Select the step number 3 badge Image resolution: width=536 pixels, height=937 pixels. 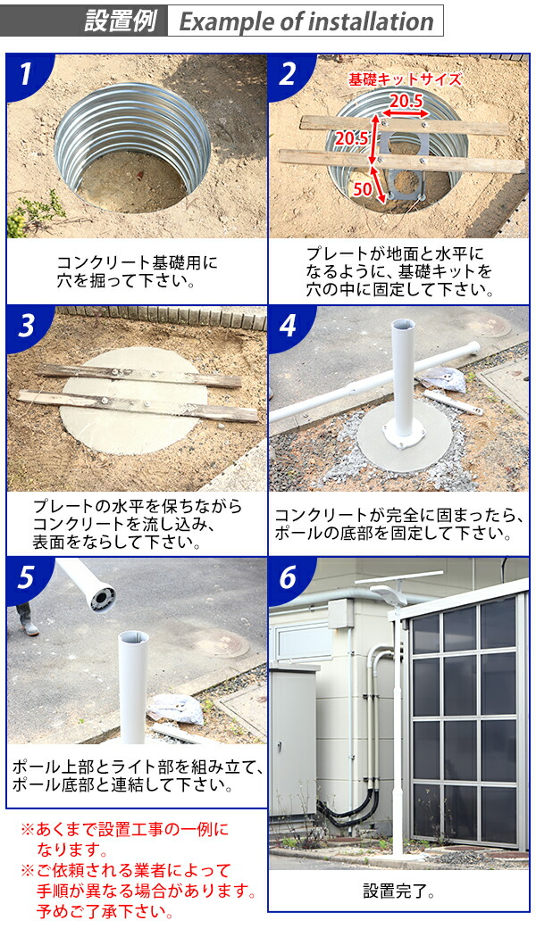[25, 327]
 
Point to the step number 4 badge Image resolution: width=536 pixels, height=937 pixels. [287, 327]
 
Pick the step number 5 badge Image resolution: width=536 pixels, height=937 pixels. [25, 579]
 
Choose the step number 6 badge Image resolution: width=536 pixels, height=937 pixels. [287, 579]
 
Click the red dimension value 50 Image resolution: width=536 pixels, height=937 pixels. [363, 189]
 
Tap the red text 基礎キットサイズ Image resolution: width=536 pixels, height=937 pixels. [405, 79]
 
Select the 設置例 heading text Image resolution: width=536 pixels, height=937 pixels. [120, 21]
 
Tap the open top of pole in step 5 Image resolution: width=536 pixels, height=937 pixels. [133, 635]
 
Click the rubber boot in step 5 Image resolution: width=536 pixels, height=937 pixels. [28, 620]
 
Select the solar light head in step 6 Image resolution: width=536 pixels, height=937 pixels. [389, 594]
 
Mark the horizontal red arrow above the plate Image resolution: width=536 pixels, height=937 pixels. [406, 113]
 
